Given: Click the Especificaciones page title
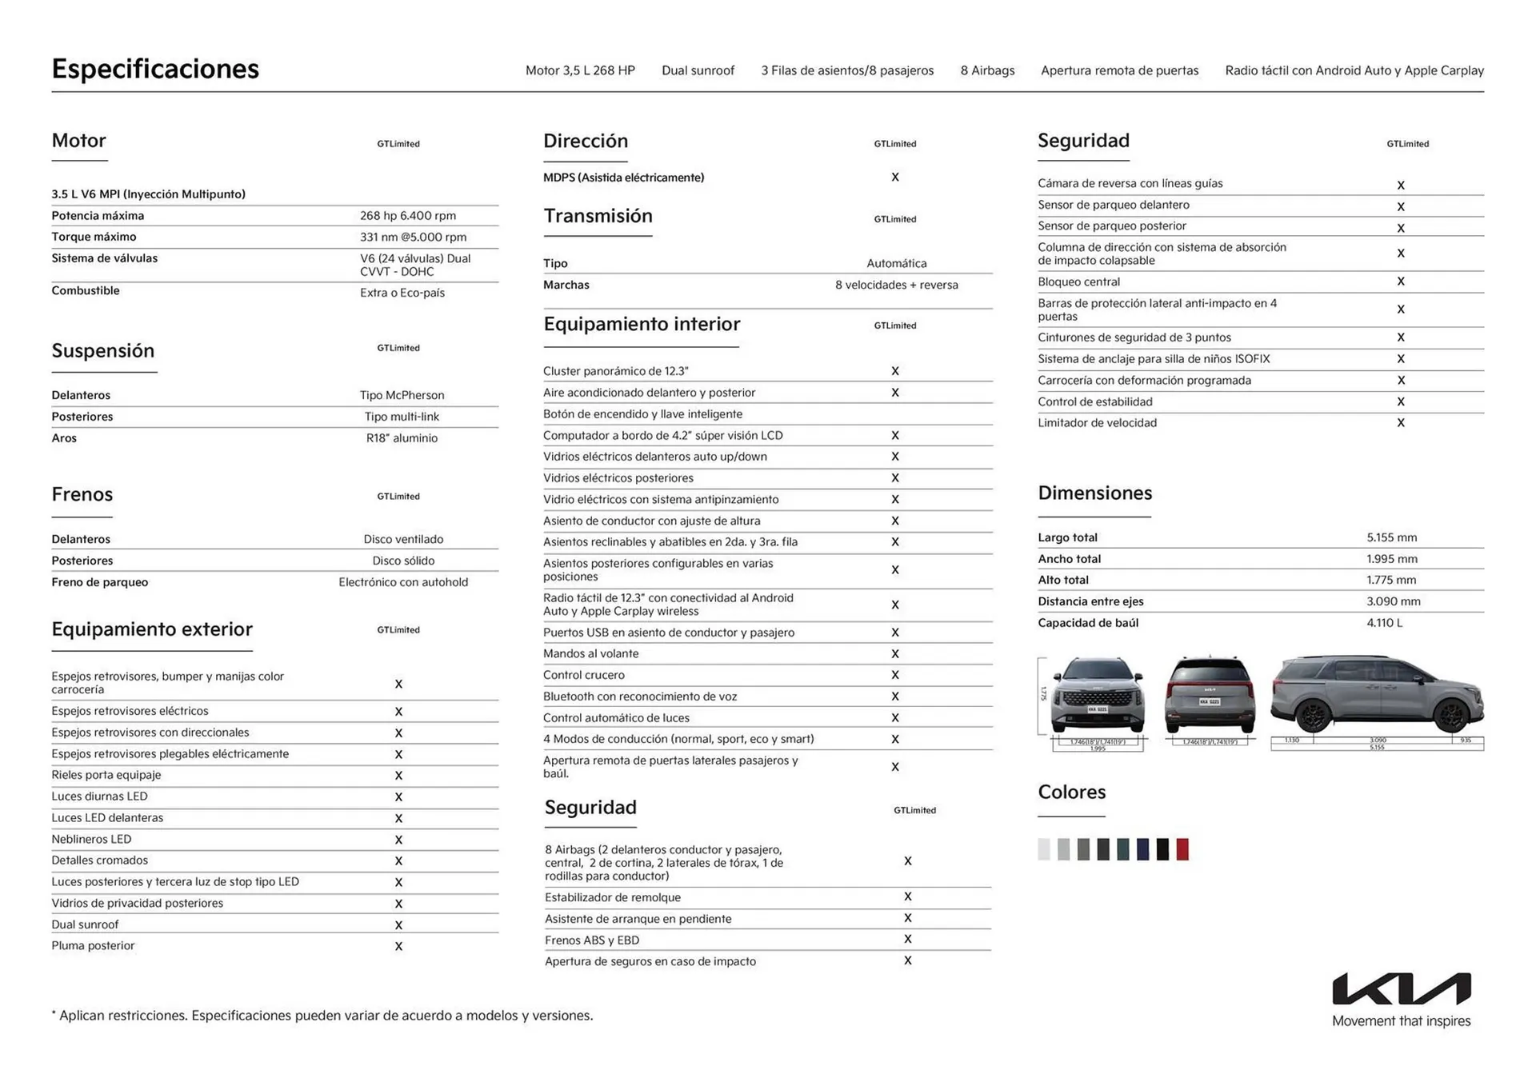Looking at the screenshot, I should point(155,69).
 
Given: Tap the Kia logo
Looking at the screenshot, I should point(1401,989).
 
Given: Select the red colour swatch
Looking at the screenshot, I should point(1182,849).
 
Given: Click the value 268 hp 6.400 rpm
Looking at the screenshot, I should point(407,216).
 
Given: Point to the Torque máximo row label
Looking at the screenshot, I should point(94,237).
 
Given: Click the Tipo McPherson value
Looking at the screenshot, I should point(402,395).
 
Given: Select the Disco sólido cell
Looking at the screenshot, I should point(403,561).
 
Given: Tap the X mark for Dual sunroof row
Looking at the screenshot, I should point(398,925).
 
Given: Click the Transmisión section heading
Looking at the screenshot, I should point(598,216).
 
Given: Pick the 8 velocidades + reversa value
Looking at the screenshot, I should point(896,285).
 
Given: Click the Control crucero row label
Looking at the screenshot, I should point(583,675).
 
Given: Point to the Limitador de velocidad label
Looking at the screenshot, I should point(1097,423).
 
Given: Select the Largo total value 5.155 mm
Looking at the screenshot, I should point(1391,537).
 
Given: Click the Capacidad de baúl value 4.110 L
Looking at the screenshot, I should point(1384,623).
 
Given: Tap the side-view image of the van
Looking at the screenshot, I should point(1376,694).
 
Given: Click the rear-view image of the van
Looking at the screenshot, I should point(1209,694).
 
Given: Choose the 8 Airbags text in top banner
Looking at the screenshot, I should point(987,70).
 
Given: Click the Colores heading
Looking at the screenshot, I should point(1071,792).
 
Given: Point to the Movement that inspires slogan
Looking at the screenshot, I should point(1401,1021).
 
